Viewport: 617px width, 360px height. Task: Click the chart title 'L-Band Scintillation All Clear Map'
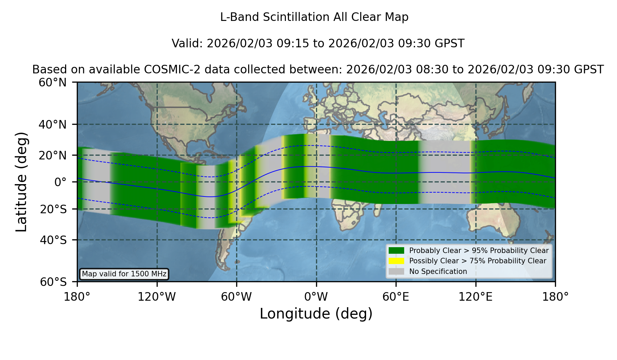coord(314,17)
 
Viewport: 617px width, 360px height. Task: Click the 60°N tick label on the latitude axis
coord(53,83)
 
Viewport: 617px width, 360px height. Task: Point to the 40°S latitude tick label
coord(53,240)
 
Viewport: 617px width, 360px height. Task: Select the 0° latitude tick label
coord(60,182)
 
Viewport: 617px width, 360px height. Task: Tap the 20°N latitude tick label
coord(53,155)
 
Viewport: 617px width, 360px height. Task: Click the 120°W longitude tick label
coord(157,297)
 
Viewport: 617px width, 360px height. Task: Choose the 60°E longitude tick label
coord(396,297)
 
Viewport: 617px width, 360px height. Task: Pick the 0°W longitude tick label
coord(316,297)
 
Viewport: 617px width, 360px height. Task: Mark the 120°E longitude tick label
coord(475,297)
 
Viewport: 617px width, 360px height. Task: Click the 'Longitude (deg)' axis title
coord(316,314)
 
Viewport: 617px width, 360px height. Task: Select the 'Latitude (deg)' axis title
coord(21,182)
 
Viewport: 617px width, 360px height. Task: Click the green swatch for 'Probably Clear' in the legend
coord(397,250)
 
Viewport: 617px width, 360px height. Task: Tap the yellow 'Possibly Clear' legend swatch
coord(397,261)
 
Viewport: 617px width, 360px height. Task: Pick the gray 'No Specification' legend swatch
coord(397,272)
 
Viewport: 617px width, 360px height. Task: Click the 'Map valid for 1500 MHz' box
coord(124,274)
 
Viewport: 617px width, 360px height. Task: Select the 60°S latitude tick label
coord(53,282)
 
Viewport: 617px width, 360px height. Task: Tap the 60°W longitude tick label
coord(237,297)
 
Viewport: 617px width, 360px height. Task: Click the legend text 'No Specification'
coord(438,272)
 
